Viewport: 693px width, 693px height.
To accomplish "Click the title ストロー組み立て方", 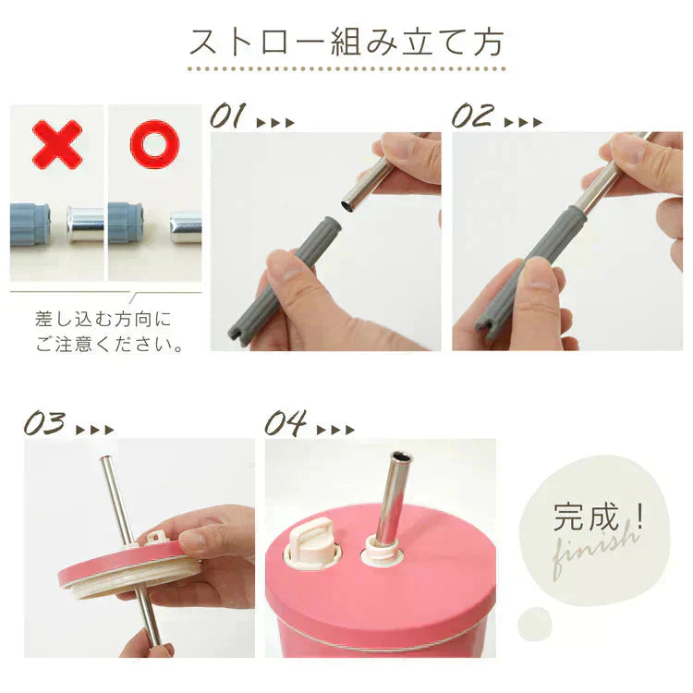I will pyautogui.click(x=346, y=42).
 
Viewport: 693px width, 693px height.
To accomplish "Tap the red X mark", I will pyautogui.click(x=56, y=143).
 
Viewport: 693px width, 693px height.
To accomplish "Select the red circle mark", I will pyautogui.click(x=153, y=143).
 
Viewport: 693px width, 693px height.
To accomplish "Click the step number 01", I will pyautogui.click(x=228, y=116).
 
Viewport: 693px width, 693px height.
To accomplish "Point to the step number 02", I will pyautogui.click(x=472, y=116).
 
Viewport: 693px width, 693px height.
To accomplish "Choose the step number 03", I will pyautogui.click(x=45, y=425).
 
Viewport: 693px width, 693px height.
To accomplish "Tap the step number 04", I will pyautogui.click(x=286, y=424).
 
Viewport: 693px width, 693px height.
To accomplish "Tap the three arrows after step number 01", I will pyautogui.click(x=275, y=122).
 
